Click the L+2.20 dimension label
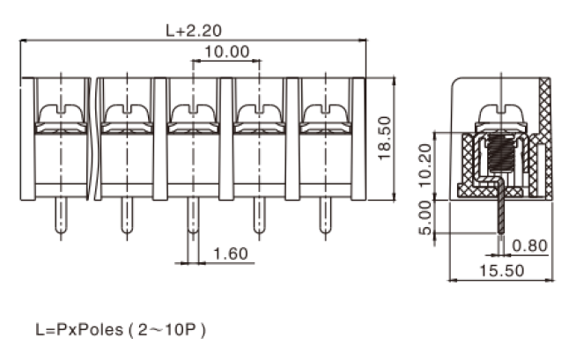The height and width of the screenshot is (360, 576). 194,31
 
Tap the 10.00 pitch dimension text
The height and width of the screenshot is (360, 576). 226,52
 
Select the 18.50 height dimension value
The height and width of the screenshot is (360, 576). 385,138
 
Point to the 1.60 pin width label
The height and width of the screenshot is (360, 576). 231,254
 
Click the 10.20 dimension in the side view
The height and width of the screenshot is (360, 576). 425,165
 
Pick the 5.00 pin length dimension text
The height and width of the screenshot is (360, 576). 425,217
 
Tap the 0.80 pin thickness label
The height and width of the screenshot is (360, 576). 529,246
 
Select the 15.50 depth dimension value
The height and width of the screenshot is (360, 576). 502,271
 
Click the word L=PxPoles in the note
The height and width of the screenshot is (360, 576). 79,329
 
